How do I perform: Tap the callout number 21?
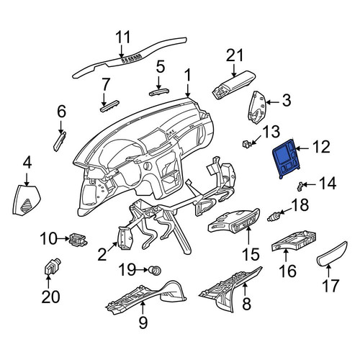click(235, 55)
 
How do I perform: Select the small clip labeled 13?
click(246, 144)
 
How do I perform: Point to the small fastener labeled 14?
click(300, 186)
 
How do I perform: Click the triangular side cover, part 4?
click(26, 200)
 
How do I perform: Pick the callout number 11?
click(122, 37)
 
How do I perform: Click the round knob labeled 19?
click(155, 271)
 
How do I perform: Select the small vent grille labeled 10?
click(78, 239)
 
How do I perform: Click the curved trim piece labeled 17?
click(331, 254)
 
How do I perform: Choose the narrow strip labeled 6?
click(59, 142)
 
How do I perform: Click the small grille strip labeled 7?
click(109, 105)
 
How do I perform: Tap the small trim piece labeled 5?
click(158, 92)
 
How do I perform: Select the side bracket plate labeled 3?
click(257, 107)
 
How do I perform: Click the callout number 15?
click(251, 253)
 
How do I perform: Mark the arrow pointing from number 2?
click(112, 247)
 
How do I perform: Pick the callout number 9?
click(143, 322)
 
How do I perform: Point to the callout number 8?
click(247, 303)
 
